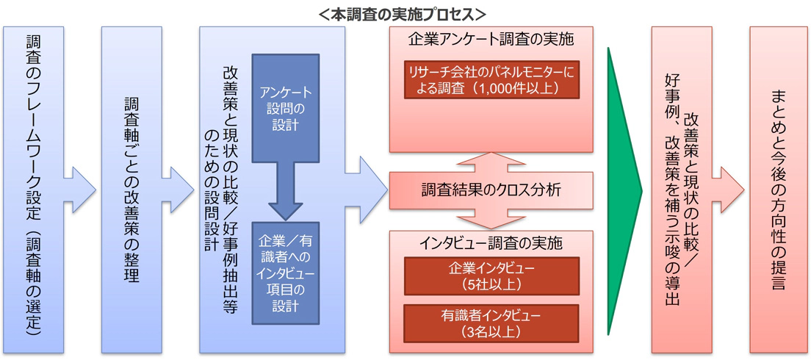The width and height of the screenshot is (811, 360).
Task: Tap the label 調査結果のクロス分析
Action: coord(491,190)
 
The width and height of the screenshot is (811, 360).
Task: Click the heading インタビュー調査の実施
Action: coord(491,242)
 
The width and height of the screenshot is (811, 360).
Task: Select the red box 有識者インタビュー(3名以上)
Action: coord(491,323)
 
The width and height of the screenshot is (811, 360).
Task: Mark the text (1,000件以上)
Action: coord(517,88)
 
